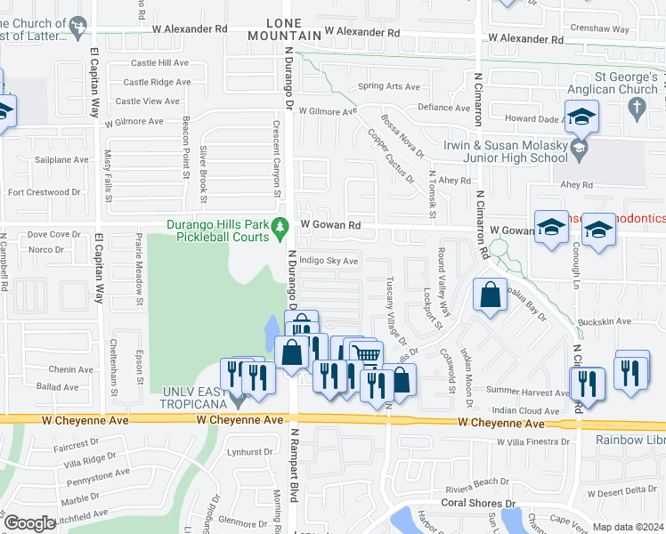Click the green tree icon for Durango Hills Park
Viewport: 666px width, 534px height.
click(280, 228)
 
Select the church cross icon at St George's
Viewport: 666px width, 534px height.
click(636, 109)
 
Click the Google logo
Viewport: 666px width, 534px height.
click(30, 523)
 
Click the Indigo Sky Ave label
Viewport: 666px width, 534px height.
click(329, 261)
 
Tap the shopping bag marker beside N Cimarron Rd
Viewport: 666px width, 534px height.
click(490, 295)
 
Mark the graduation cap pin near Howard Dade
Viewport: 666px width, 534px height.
click(581, 116)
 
